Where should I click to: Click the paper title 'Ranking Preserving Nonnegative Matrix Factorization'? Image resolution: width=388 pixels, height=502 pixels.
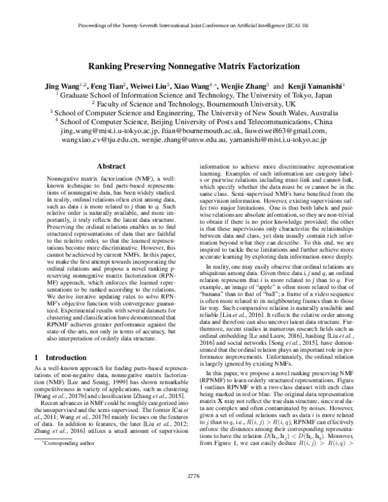193,65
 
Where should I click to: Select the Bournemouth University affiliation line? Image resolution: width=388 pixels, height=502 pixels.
194,102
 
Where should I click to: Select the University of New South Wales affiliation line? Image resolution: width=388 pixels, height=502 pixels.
194,111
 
